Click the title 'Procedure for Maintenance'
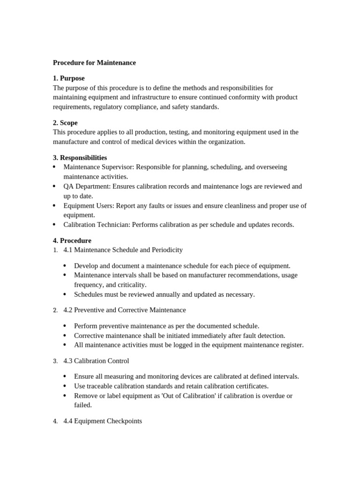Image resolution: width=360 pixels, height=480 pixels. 94,62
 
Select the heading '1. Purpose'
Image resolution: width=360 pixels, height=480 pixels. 68,78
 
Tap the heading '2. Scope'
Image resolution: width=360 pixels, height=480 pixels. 65,123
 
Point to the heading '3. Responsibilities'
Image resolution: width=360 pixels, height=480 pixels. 80,157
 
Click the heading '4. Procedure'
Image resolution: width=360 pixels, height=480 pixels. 72,240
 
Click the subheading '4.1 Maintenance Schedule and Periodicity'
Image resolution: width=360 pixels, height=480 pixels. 123,250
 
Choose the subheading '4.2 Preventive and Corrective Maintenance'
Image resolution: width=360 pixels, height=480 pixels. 124,310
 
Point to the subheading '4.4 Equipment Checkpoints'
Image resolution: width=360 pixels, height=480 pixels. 102,421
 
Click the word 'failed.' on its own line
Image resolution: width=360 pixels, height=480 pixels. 83,405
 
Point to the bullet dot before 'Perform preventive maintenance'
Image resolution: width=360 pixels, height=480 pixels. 65,326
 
